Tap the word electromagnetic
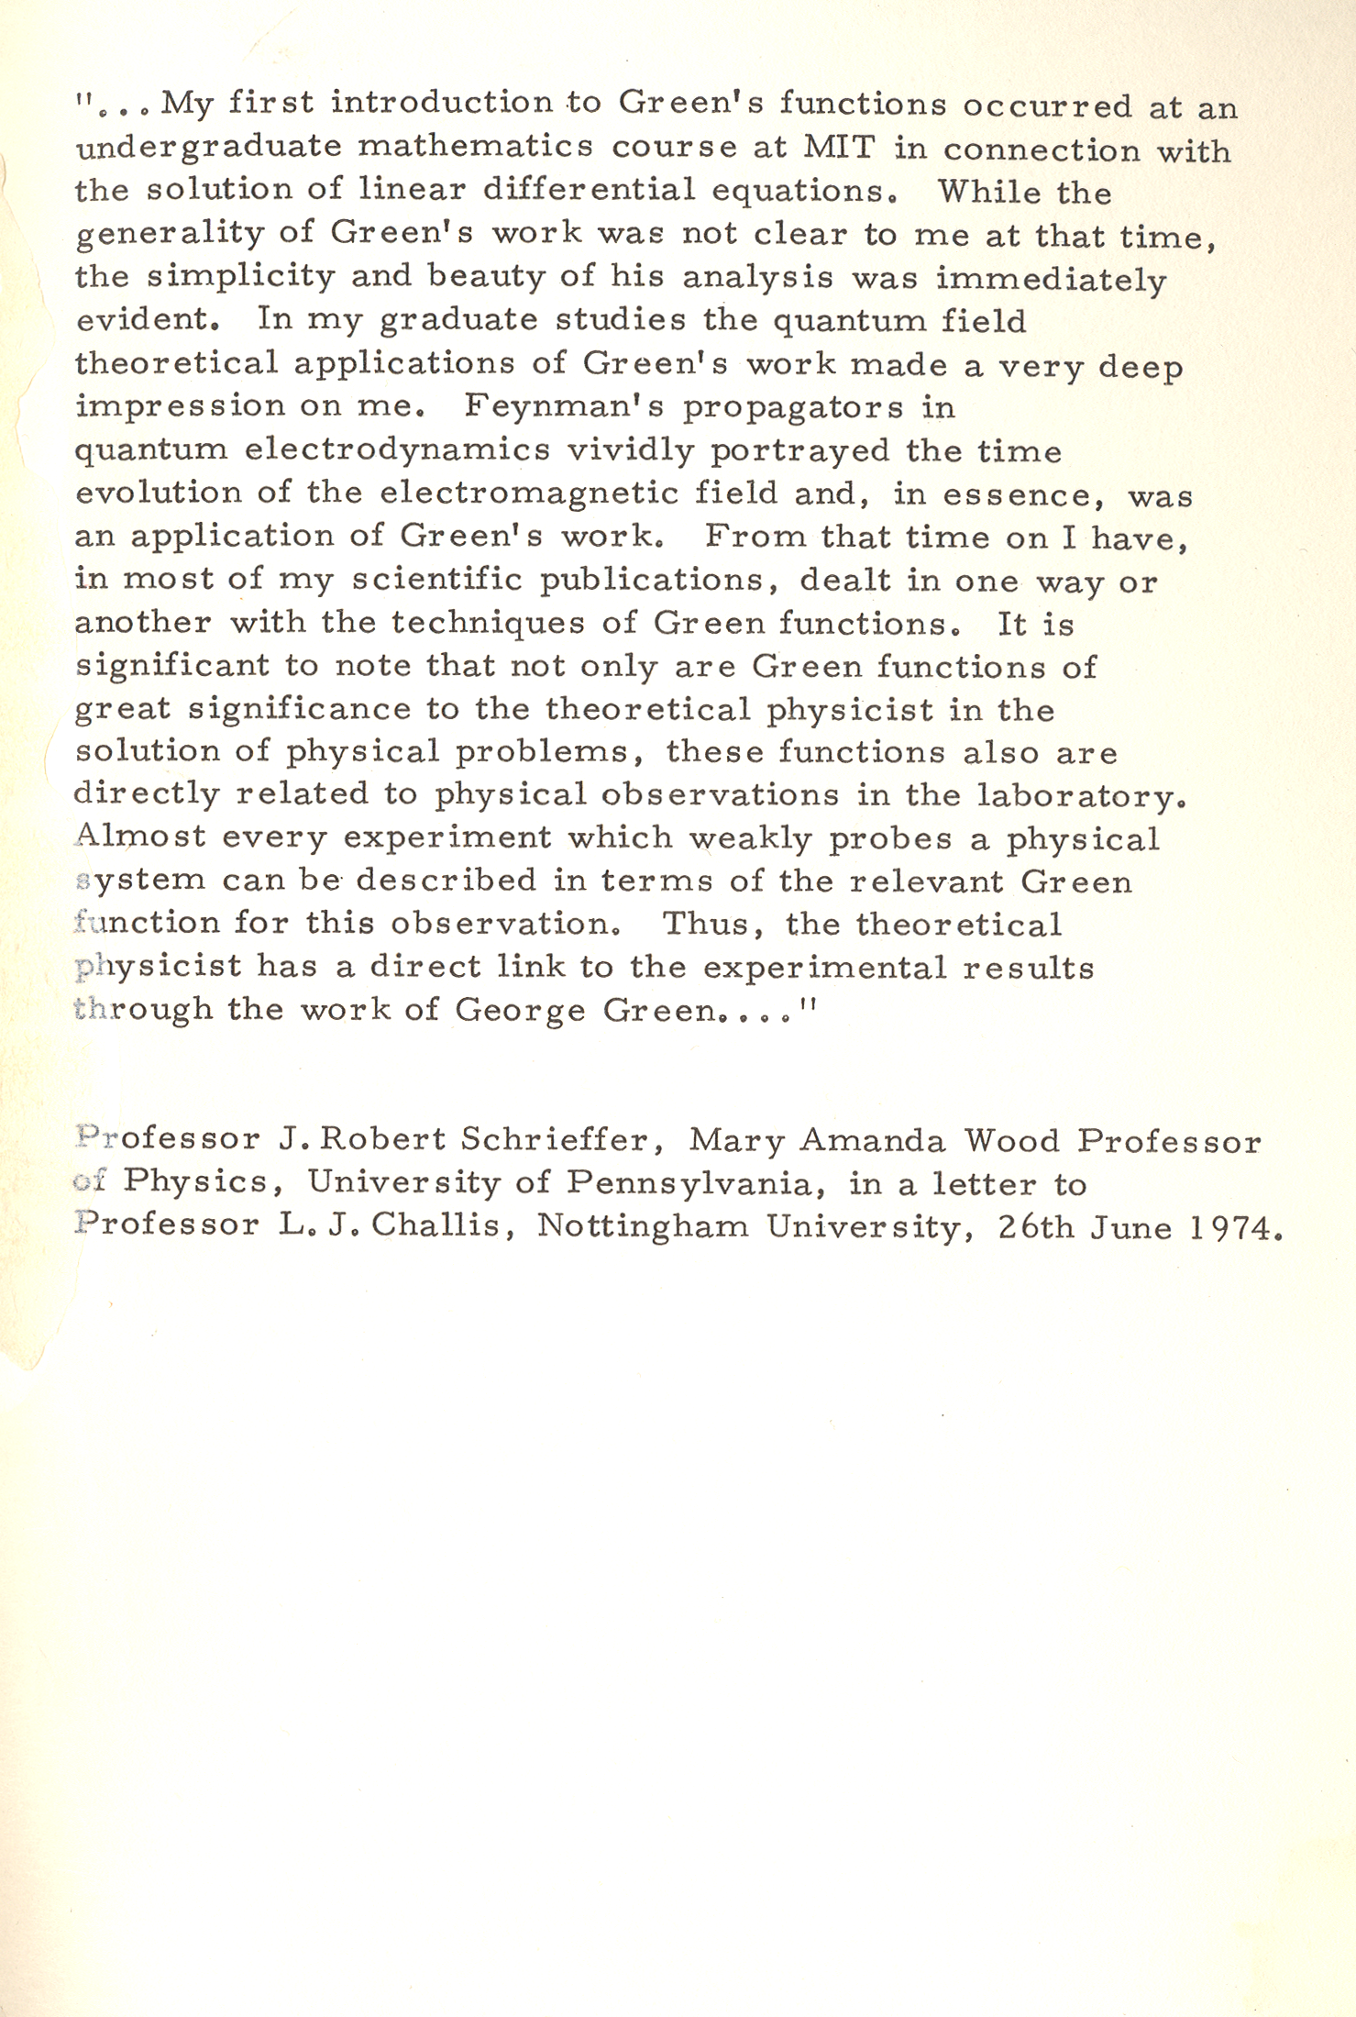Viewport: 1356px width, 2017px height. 529,493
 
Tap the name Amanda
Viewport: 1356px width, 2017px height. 872,1140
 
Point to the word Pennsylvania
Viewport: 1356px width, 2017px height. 688,1184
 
